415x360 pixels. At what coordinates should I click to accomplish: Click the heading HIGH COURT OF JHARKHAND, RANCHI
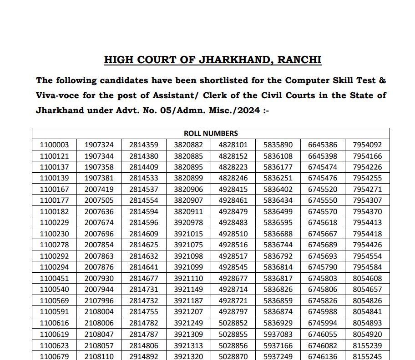click(213, 60)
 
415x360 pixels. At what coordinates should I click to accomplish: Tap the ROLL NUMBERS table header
click(211, 134)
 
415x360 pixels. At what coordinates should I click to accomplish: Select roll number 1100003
click(55, 145)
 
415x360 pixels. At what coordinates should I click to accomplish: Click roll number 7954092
click(367, 145)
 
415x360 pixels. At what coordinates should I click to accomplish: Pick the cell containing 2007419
click(99, 189)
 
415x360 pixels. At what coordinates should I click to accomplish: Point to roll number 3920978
click(188, 223)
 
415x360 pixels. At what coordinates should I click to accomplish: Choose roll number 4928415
click(233, 189)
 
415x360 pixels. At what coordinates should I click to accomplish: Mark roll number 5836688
click(278, 234)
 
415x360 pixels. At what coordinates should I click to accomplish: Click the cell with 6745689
click(323, 245)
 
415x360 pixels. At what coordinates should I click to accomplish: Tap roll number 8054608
click(367, 278)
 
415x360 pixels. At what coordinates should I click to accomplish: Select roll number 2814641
click(144, 267)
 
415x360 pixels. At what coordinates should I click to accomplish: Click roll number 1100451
click(55, 278)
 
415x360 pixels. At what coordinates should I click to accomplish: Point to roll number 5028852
click(233, 322)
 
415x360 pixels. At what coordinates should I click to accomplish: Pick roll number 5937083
click(278, 334)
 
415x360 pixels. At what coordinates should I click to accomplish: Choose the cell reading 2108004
click(99, 311)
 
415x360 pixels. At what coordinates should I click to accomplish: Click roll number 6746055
click(323, 334)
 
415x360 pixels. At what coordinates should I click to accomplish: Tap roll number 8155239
click(367, 345)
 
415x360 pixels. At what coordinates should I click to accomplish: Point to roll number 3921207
click(188, 311)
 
